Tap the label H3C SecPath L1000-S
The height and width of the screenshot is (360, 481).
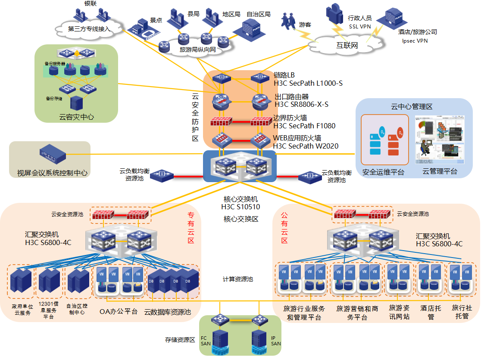point(308,83)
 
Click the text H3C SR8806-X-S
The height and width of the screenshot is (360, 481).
point(301,104)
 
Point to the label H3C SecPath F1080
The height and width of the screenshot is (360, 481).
point(304,126)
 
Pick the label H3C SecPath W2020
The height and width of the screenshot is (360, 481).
point(306,146)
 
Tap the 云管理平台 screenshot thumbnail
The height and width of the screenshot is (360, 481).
point(439,140)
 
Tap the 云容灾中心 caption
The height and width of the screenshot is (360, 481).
point(76,117)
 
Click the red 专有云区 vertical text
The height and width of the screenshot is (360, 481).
point(191,227)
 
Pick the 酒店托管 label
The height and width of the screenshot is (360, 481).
point(431,312)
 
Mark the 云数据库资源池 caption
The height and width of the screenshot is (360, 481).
point(168,312)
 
